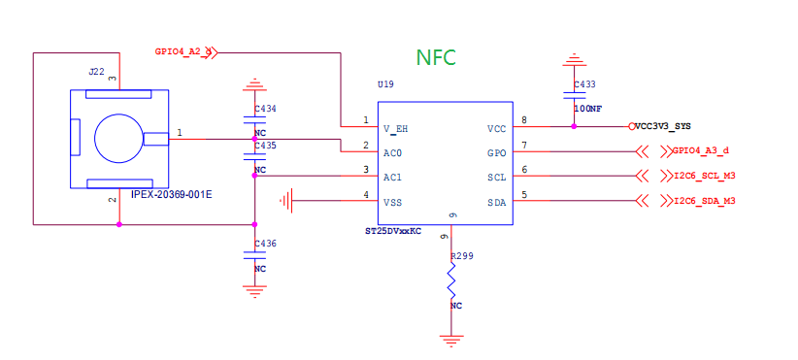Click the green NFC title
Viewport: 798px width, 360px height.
click(x=437, y=57)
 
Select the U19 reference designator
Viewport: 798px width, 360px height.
click(x=385, y=85)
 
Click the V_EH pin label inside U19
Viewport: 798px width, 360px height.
click(x=395, y=128)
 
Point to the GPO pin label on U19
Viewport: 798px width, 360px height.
click(x=496, y=152)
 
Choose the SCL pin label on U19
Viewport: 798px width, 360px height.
click(x=496, y=177)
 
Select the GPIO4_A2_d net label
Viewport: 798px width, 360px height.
click(x=183, y=50)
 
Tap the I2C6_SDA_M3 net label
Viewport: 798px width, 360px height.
click(x=703, y=201)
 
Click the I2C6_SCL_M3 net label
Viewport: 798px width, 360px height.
click(x=703, y=177)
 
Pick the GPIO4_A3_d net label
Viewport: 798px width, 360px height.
click(x=700, y=151)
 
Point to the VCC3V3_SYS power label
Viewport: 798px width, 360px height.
click(x=663, y=126)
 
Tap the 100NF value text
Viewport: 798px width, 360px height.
click(x=587, y=110)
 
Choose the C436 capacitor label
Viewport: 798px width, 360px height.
click(x=265, y=244)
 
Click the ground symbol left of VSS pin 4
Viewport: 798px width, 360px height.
click(x=286, y=201)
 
